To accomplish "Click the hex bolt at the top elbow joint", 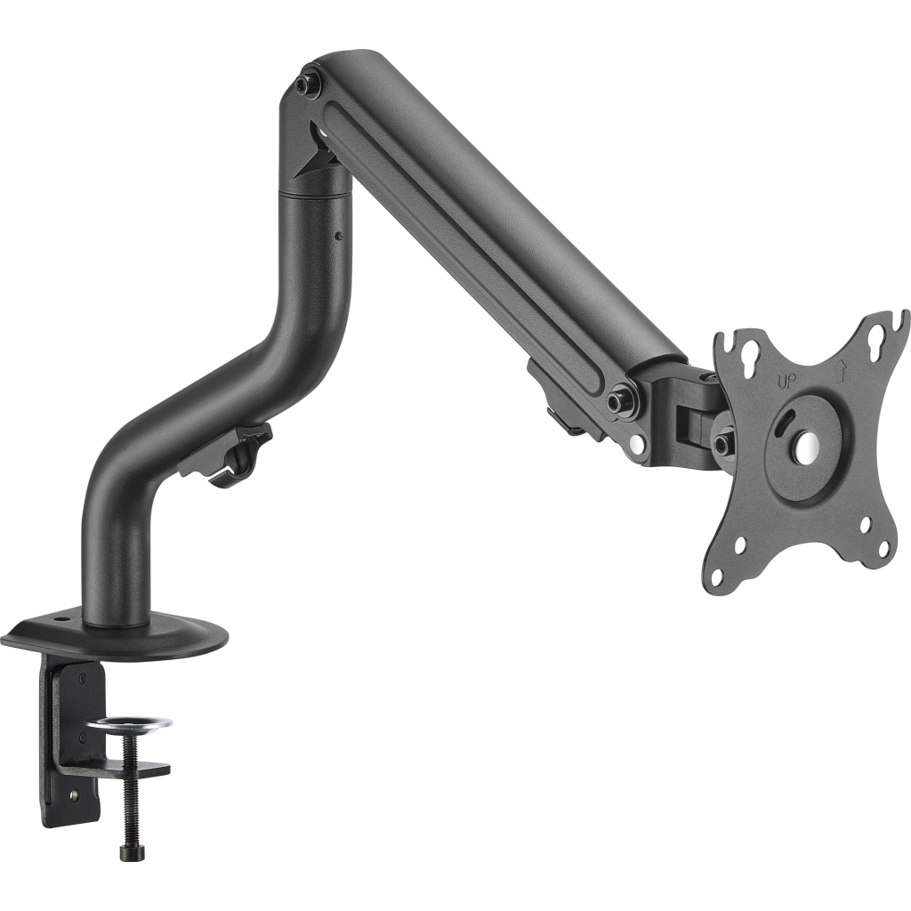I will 307,85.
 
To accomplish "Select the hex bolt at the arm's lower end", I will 618,400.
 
